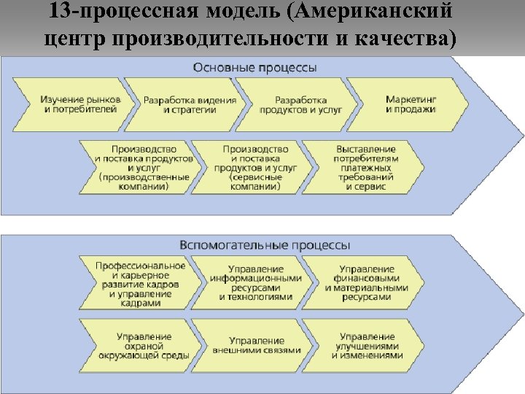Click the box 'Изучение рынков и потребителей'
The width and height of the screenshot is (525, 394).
coord(80,104)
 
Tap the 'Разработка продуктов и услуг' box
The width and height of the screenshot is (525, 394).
coord(300,104)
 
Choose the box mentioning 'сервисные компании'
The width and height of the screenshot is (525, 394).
coord(255,167)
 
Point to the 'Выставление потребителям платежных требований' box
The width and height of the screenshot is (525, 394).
coord(366,167)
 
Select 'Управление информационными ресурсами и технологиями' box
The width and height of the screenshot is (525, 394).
coord(255,284)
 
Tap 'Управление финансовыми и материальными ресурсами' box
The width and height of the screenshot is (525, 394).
coord(367,284)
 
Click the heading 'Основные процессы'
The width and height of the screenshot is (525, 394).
coord(254,68)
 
